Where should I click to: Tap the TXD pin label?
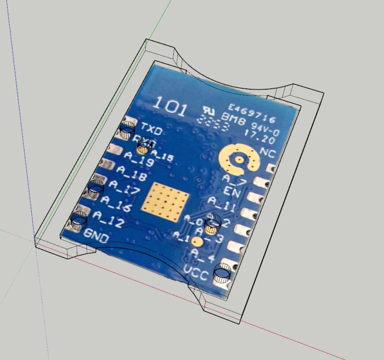pos(152,129)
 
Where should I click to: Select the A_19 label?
pos(138,159)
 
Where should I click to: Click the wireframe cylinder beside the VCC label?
pos(223,272)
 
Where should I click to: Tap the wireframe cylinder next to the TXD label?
pos(127,129)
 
